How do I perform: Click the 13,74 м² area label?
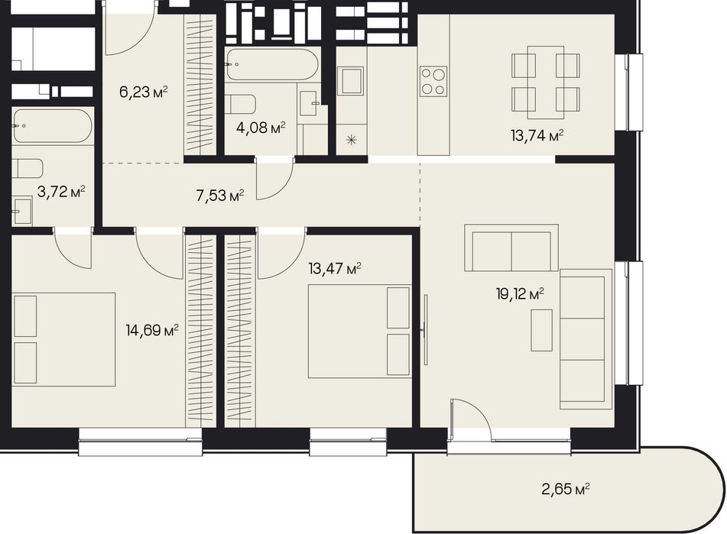pos(537,136)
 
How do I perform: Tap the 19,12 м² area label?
pos(520,293)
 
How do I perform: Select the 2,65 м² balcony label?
pos(566,489)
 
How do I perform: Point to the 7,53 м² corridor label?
pos(220,196)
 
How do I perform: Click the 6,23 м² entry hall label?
pos(143,92)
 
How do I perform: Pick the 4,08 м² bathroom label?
pos(261,128)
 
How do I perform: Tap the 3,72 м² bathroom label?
pos(61,191)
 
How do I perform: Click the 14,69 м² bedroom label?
pos(152,330)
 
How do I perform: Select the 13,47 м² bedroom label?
pos(335,269)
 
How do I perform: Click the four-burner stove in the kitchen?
pos(433,82)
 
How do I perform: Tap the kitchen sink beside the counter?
pos(350,80)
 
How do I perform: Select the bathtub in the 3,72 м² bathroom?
pos(53,125)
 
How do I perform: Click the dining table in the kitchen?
pos(546,83)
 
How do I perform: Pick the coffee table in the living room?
pos(541,330)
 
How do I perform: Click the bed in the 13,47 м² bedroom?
pos(360,331)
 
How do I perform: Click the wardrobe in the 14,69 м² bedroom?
pos(201,331)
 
